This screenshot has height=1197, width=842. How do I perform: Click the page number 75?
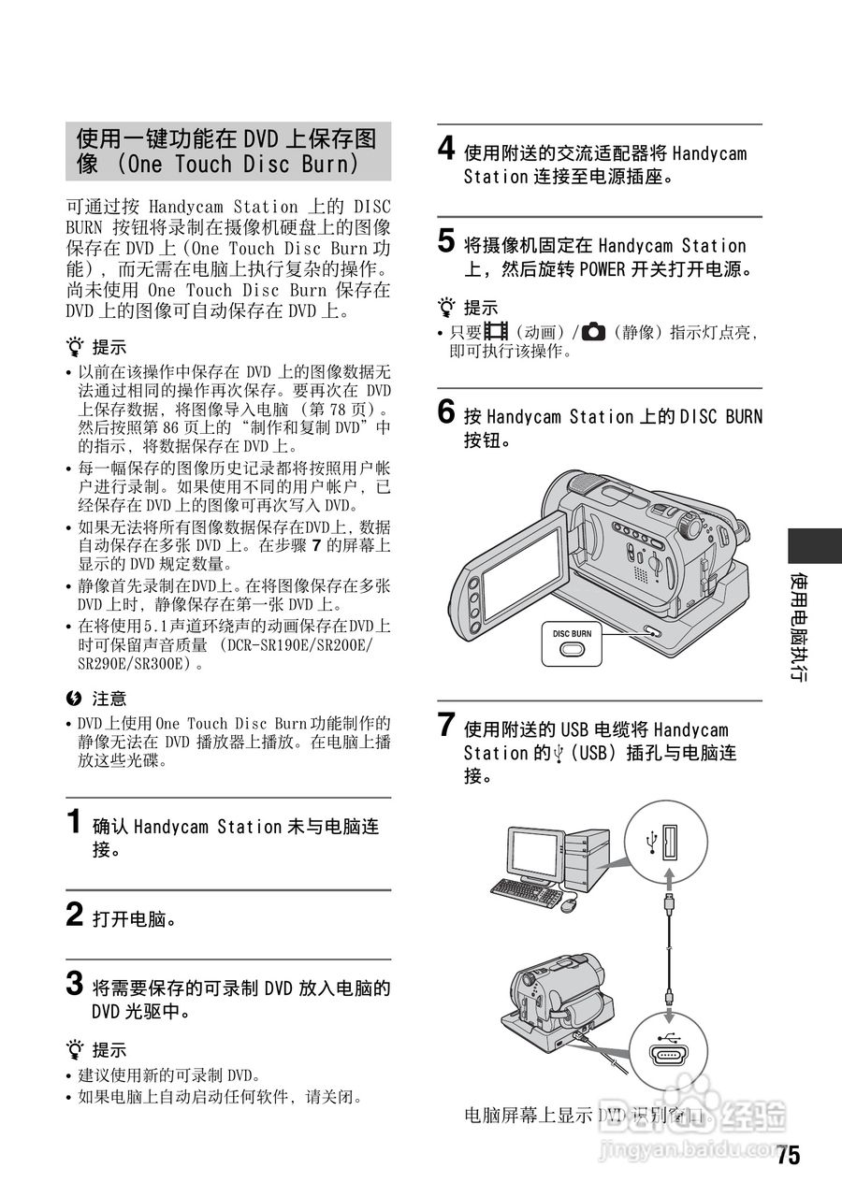coord(788,1156)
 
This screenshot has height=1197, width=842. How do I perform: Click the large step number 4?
coord(448,149)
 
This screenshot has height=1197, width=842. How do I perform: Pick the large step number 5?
coord(448,242)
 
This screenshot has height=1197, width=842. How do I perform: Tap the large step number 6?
coord(448,412)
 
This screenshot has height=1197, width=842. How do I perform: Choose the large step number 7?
coord(448,725)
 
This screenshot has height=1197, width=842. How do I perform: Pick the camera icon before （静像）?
coord(593,331)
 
